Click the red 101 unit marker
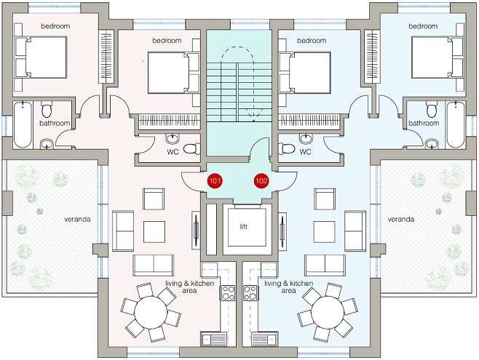point(215,181)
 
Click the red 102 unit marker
point(261,181)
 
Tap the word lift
point(243,226)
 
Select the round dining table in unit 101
point(151,312)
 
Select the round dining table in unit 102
point(328,312)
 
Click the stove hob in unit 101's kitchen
point(228,293)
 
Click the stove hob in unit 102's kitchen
point(250,293)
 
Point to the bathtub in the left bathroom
point(23,124)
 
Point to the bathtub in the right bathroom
point(456,124)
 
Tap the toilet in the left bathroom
point(47,109)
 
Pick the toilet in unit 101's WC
point(192,148)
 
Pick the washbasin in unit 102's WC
point(306,139)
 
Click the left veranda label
point(77,219)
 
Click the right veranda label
point(401,219)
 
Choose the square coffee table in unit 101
point(154,232)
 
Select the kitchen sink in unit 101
point(214,340)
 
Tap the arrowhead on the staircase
point(253,119)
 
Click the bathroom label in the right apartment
point(424,123)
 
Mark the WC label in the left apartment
point(173,151)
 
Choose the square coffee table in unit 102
point(324,232)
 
